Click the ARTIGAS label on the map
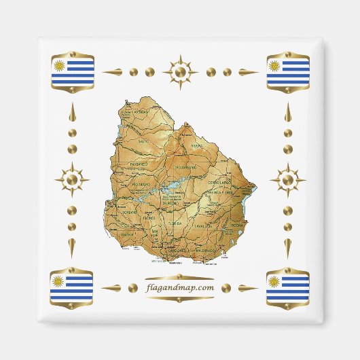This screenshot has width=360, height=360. pyautogui.click(x=141, y=113)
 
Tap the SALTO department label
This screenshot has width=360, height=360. pyautogui.click(x=143, y=141)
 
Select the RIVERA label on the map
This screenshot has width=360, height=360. pyautogui.click(x=197, y=145)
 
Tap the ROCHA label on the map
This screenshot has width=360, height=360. pyautogui.click(x=237, y=224)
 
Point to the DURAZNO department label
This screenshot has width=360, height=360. pyautogui.click(x=170, y=202)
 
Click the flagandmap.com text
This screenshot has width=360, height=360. pyautogui.click(x=180, y=287)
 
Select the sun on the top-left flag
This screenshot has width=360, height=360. pyautogui.click(x=60, y=65)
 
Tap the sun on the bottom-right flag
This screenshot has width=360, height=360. pyautogui.click(x=274, y=281)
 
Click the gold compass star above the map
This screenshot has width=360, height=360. pyautogui.click(x=180, y=71)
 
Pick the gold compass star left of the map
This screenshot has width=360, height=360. pyautogui.click(x=73, y=181)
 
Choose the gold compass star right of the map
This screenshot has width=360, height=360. pyautogui.click(x=287, y=180)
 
